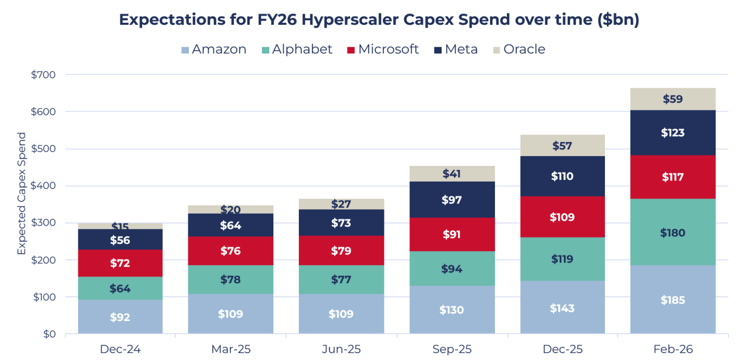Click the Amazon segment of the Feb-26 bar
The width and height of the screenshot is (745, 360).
(x=672, y=299)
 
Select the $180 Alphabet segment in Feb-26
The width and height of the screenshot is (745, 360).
(x=672, y=232)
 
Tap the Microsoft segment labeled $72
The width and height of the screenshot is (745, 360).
(x=120, y=262)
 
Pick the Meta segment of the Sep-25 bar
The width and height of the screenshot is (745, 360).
(x=452, y=199)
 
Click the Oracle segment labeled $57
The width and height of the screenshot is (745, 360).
(x=562, y=145)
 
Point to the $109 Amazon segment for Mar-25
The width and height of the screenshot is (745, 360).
(x=230, y=313)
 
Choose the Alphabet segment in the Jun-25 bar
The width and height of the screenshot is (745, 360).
(x=341, y=279)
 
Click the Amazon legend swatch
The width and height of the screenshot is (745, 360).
(x=185, y=50)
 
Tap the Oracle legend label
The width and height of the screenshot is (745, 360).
(x=524, y=49)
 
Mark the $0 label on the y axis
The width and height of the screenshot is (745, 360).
(x=49, y=334)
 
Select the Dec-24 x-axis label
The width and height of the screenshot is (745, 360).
(x=120, y=349)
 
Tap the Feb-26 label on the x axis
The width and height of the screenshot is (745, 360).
(x=672, y=349)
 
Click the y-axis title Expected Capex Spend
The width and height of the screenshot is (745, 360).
(x=21, y=193)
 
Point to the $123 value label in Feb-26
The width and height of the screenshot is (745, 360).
(x=672, y=132)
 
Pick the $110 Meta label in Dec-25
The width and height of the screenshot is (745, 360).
(x=562, y=176)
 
